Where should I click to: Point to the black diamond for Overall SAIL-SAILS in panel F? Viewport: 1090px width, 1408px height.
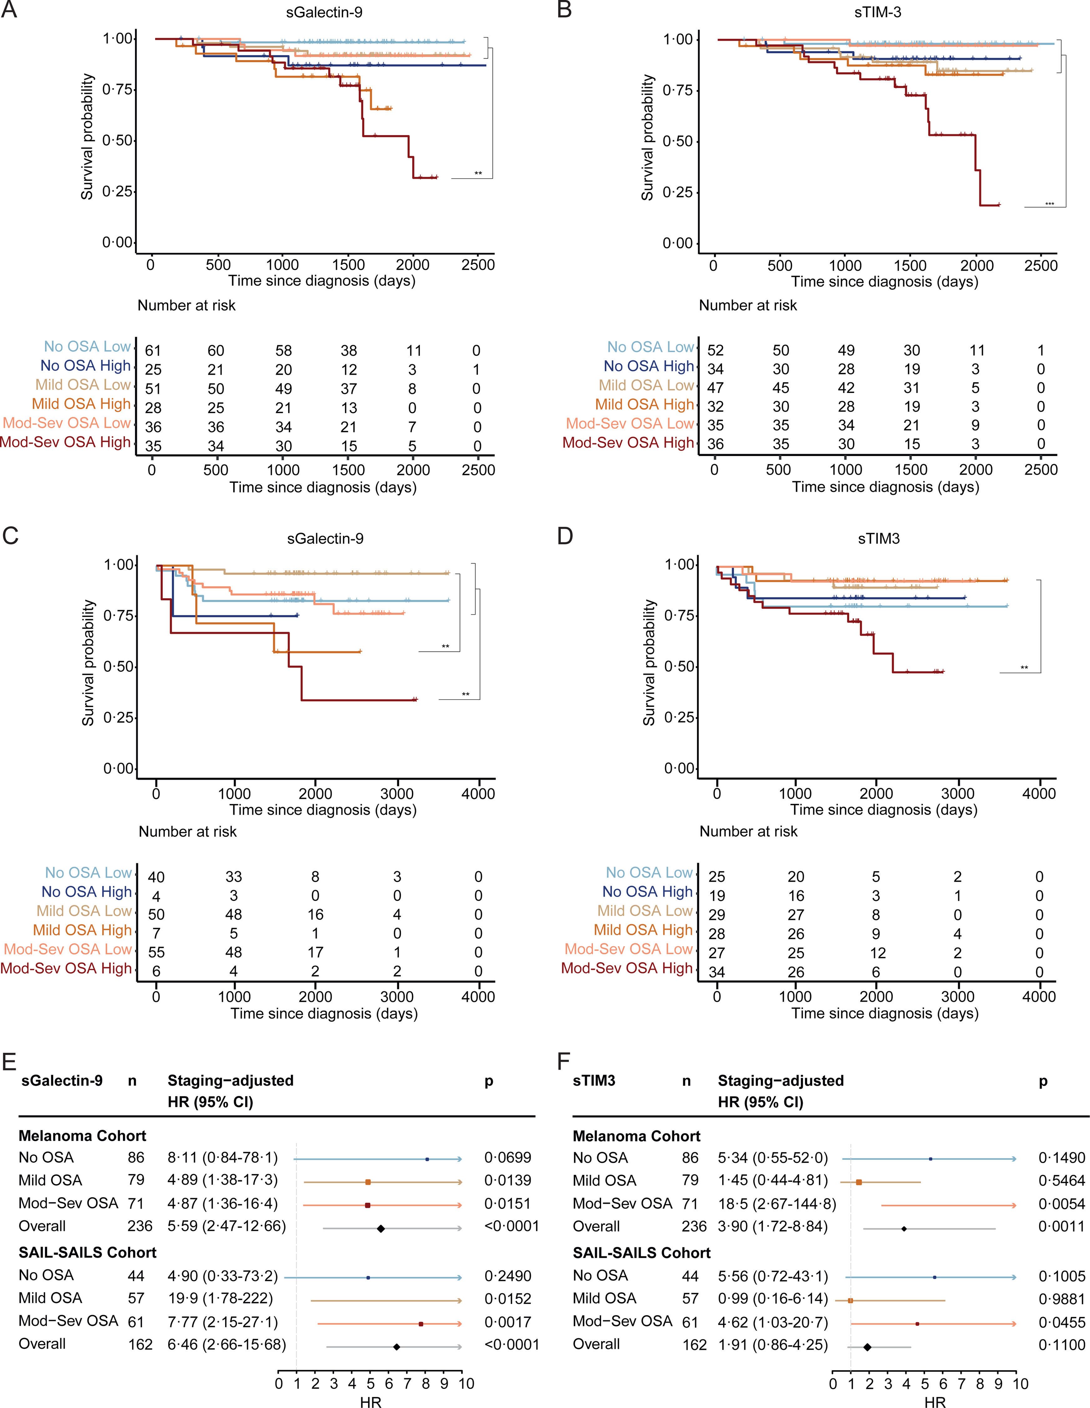(868, 1347)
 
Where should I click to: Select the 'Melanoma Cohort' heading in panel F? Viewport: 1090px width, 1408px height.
(636, 1136)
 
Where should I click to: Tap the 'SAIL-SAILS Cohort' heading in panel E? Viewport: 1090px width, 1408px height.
(88, 1252)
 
